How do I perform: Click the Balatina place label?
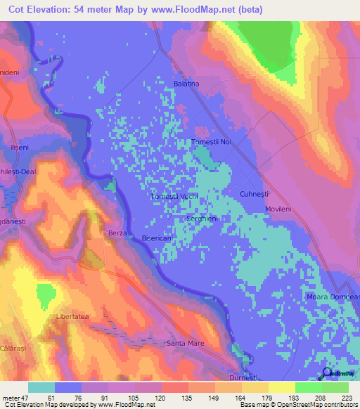187,84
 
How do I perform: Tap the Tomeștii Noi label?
212,143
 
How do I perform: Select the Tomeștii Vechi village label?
175,197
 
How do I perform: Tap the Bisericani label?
159,239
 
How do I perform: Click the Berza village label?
116,233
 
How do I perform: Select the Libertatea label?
72,318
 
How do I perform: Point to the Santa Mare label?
184,344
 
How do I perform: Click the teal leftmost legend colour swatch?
41,387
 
